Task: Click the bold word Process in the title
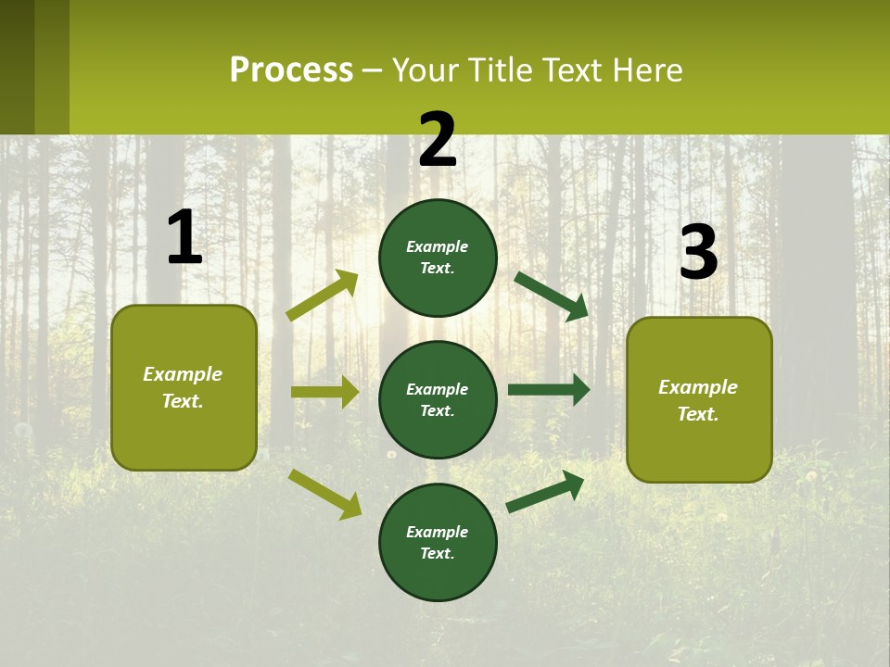291,70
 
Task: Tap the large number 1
184,238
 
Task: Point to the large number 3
698,254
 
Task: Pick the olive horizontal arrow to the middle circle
324,392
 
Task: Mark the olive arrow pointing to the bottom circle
324,494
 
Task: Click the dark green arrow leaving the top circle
552,296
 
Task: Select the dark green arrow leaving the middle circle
549,390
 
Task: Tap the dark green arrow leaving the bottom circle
545,491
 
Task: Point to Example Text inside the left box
183,387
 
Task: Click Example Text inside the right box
698,400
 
